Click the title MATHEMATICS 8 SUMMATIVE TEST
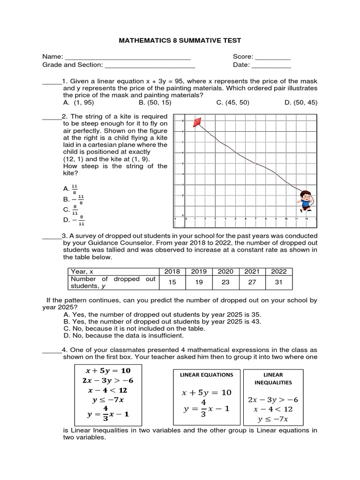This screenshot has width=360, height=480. point(180,41)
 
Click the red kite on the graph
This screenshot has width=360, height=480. point(199,122)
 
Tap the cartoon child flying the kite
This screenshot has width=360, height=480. point(305,200)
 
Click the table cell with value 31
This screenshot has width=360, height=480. point(278,282)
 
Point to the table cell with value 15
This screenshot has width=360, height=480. point(172,282)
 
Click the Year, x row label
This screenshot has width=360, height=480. point(82,271)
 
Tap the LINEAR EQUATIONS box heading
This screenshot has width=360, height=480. point(207,375)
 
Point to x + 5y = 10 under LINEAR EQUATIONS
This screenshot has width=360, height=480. point(207,392)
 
